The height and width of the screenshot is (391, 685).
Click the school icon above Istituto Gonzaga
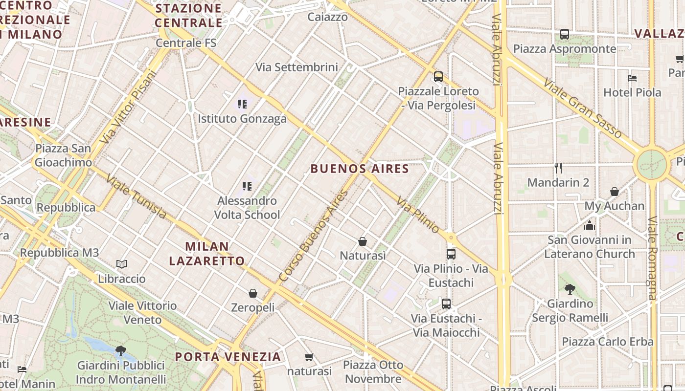[242, 104]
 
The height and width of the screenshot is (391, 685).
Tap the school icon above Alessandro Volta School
[247, 186]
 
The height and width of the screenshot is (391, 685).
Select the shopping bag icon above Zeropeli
[253, 293]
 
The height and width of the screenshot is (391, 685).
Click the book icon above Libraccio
[122, 264]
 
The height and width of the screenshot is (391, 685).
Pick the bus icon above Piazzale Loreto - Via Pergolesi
[438, 76]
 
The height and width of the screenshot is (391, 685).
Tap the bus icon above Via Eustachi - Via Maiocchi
[446, 304]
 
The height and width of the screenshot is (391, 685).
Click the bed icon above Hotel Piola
[632, 78]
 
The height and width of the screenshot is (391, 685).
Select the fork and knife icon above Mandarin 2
[558, 168]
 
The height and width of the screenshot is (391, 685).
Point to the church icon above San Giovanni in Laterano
[589, 225]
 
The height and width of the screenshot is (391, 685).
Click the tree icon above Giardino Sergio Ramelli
[570, 289]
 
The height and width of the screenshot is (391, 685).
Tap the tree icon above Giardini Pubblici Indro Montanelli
[120, 350]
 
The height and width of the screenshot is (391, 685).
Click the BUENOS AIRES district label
[360, 169]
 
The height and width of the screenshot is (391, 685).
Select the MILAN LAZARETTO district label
[207, 254]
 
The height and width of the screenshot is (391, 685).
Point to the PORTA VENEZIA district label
[228, 357]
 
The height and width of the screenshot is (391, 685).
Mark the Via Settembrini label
[297, 67]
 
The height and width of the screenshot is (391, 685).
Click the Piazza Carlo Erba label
[608, 341]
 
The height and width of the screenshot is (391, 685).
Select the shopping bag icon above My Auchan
[615, 192]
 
